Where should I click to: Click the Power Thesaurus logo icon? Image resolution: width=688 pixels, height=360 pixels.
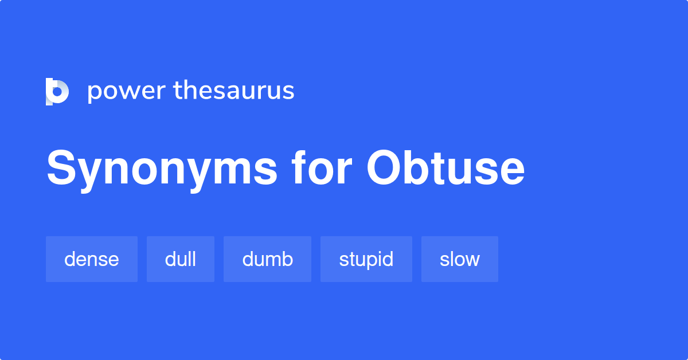pyautogui.click(x=57, y=92)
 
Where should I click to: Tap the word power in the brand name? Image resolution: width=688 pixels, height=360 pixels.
pyautogui.click(x=124, y=92)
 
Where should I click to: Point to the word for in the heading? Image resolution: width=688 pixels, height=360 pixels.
pyautogui.click(x=319, y=169)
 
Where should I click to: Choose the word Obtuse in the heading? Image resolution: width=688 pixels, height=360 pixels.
pyautogui.click(x=445, y=169)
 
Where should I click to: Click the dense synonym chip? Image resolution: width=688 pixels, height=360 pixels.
pyautogui.click(x=92, y=259)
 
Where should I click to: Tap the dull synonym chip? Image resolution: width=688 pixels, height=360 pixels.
pyautogui.click(x=181, y=259)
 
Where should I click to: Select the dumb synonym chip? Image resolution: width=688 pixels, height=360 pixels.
pyautogui.click(x=267, y=259)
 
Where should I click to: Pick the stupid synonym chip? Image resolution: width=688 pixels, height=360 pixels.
pyautogui.click(x=366, y=259)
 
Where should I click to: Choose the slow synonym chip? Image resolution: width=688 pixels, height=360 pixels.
pyautogui.click(x=459, y=259)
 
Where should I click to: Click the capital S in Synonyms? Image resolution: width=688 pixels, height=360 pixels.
pyautogui.click(x=61, y=169)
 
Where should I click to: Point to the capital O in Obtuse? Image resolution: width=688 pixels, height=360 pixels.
pyautogui.click(x=386, y=169)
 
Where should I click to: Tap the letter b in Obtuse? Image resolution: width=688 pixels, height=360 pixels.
pyautogui.click(x=418, y=169)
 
